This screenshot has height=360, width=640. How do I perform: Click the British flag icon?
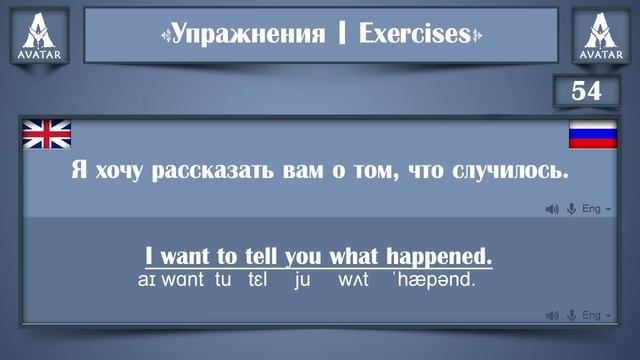(46, 133)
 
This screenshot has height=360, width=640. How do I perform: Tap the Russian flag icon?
(593, 133)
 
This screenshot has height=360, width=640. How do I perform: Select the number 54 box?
(586, 91)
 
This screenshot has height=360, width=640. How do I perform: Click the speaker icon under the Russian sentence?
(551, 209)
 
